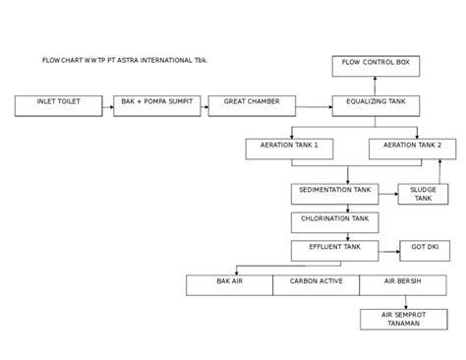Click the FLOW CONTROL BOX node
coord(376,65)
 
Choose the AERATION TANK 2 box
coord(412,148)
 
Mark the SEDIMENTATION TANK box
coord(334,192)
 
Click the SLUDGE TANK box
coord(423,193)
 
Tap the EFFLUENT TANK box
coord(334,250)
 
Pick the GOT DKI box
coord(425,250)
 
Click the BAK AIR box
coord(229,284)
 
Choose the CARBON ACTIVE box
coord(316,284)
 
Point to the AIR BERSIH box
coord(402,284)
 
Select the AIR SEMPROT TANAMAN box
coord(402,319)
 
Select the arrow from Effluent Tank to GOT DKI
coord(387,250)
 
